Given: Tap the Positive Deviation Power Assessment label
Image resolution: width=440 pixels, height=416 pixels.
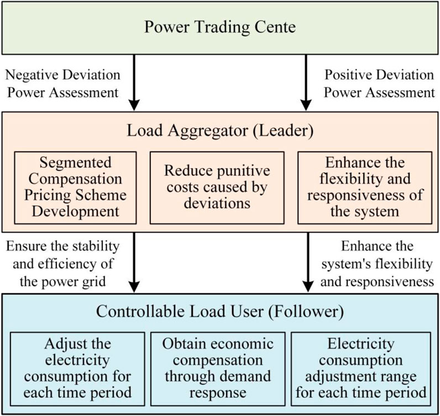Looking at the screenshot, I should [379, 83].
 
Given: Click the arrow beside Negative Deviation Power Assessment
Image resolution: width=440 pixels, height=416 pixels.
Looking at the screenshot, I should [134, 88].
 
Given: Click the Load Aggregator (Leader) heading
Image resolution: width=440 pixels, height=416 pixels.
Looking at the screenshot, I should [219, 131].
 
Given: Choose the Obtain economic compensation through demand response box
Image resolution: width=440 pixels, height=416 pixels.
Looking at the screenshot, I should [219, 366].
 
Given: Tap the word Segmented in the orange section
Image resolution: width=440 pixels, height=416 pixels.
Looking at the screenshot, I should [76, 162].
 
